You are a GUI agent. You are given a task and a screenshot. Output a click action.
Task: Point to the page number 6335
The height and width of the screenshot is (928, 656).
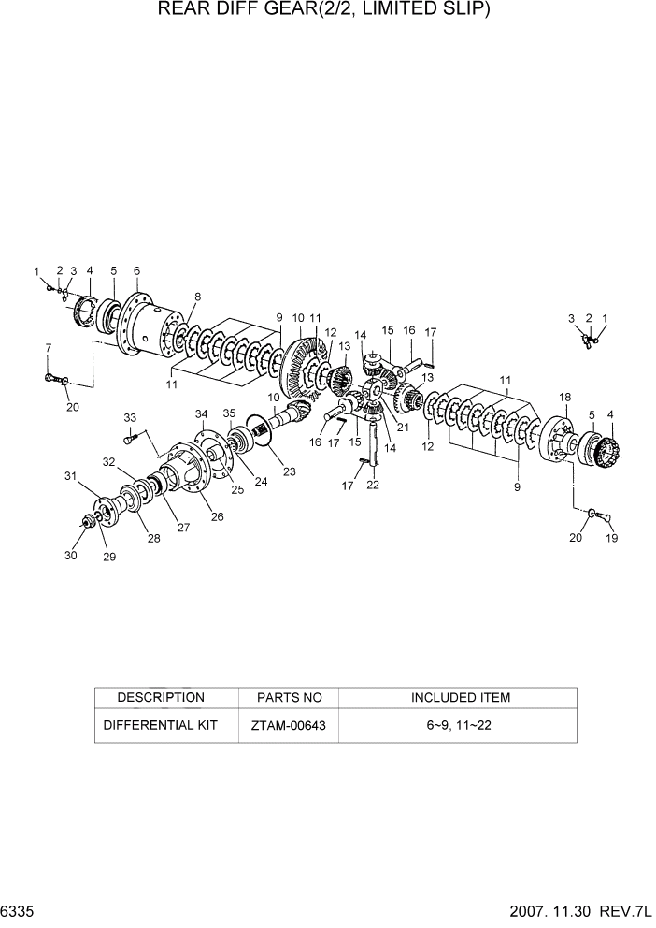click(18, 910)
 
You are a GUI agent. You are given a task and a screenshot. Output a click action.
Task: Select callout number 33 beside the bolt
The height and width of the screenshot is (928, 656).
click(130, 417)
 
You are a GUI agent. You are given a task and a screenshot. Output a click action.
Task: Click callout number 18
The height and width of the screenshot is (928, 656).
click(564, 399)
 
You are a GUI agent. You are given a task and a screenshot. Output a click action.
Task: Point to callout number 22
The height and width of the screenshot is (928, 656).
click(373, 484)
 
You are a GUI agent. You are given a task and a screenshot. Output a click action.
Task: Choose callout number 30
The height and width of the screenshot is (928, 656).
click(71, 557)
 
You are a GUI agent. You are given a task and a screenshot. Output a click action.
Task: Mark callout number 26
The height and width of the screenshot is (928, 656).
click(217, 515)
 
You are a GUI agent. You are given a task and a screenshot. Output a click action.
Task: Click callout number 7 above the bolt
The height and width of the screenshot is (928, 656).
click(48, 348)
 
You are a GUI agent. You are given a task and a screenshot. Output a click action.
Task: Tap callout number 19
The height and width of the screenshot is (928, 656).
click(612, 538)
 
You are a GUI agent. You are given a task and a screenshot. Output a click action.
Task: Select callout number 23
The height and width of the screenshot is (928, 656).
click(290, 472)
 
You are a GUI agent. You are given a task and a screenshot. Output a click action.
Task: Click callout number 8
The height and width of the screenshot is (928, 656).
click(197, 297)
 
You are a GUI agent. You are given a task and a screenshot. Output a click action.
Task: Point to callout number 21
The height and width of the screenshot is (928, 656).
click(404, 428)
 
